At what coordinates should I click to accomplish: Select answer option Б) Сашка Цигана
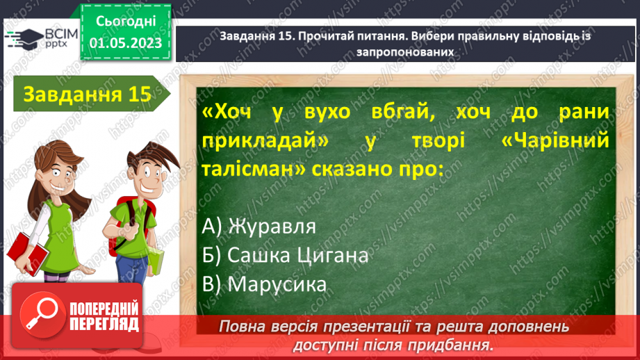pos(286,255)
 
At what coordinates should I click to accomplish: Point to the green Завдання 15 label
pos(87,94)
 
